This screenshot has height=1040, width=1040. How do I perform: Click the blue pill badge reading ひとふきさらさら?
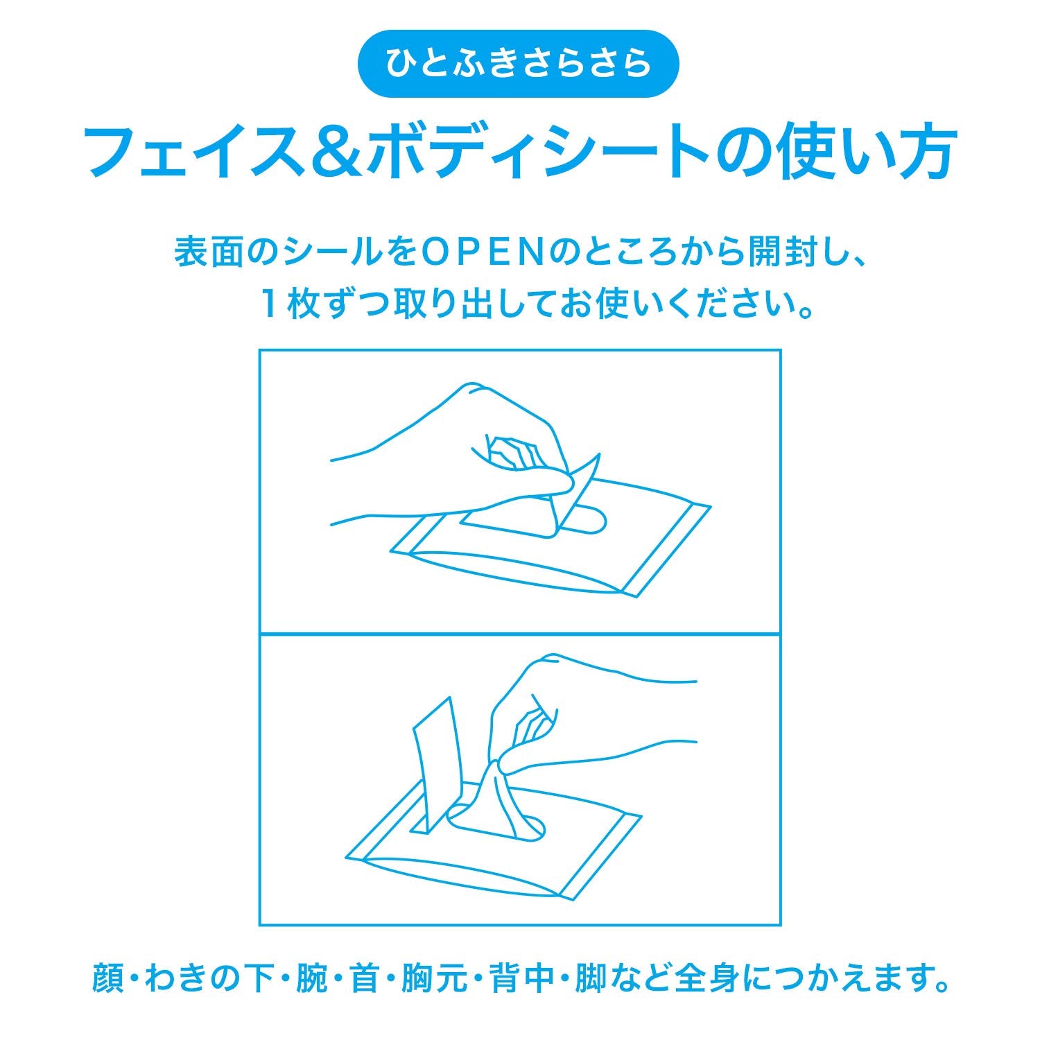tap(518, 64)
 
